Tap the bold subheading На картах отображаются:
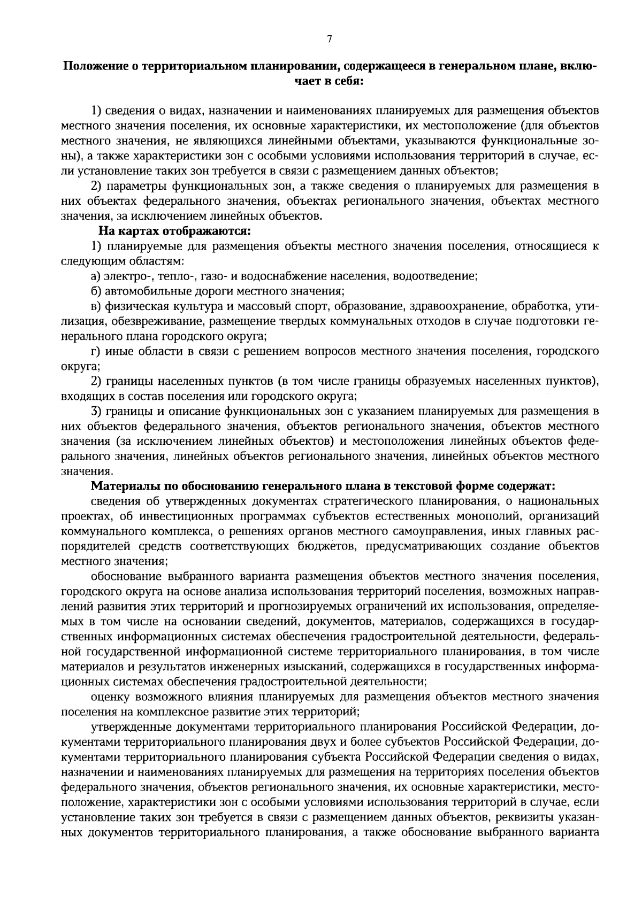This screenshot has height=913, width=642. (x=174, y=231)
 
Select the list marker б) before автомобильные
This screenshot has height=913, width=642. (x=96, y=291)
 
